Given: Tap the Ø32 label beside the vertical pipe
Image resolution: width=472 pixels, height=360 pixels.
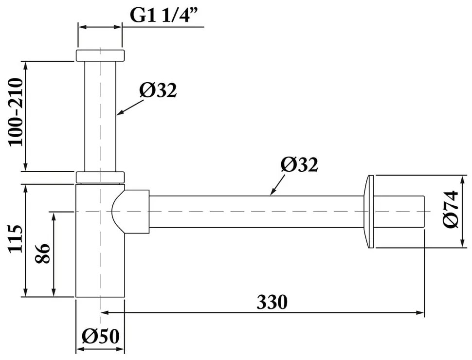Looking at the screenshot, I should tap(157, 90).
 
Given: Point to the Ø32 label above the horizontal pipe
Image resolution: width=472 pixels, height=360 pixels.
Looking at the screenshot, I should tap(299, 165).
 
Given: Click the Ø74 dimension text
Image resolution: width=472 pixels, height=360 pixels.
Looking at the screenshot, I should tap(451, 209).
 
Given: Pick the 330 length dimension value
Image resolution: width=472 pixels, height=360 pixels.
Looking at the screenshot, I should tap(272, 303).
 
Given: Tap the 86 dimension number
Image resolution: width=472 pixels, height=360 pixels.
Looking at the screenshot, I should tap(43, 253).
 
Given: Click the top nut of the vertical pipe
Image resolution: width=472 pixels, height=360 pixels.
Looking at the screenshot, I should tap(100, 55).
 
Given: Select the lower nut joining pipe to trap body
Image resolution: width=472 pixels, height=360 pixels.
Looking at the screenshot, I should tap(100, 177).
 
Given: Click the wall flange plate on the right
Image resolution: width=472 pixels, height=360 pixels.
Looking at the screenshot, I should tap(369, 212).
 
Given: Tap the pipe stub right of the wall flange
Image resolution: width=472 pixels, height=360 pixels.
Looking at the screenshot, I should tap(400, 212).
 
